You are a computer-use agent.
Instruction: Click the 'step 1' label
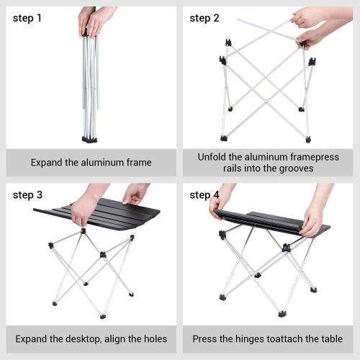[27, 18]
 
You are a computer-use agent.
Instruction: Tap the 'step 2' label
[204, 18]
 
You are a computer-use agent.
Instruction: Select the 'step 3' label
[27, 195]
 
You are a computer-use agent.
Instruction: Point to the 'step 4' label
[204, 195]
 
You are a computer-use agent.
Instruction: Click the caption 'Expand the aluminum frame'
[91, 163]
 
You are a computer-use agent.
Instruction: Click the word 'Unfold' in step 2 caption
[213, 156]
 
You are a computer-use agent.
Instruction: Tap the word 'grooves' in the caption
[295, 168]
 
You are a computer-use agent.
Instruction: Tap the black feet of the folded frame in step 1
[91, 138]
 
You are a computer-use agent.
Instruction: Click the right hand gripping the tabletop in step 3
[135, 193]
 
